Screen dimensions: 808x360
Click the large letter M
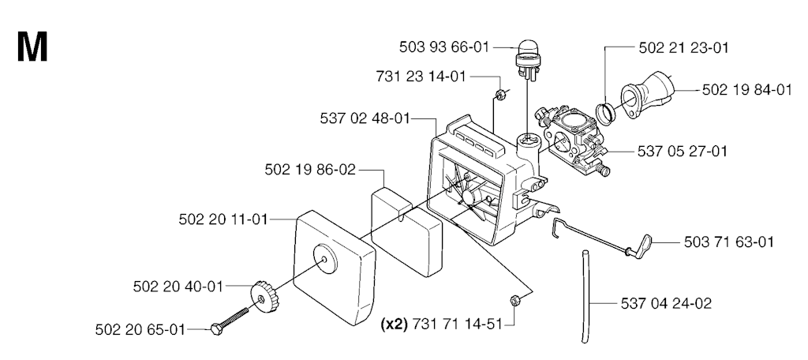32,47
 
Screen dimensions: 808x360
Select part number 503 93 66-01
443,47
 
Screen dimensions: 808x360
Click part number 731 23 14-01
421,77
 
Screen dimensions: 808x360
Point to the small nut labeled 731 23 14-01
499,94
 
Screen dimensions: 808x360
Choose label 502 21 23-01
684,48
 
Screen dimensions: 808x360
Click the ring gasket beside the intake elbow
606,112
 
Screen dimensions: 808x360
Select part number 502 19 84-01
747,90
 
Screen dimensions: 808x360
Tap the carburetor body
572,137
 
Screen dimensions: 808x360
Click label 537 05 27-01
683,152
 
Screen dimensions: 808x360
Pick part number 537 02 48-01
365,118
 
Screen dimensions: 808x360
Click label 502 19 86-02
310,170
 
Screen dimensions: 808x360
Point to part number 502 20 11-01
223,219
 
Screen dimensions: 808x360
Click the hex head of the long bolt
217,329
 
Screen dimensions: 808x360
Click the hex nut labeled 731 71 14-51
514,300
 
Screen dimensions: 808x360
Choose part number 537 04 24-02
666,303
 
